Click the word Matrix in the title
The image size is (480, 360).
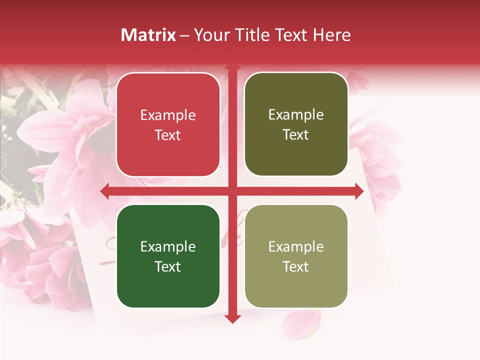pyautogui.click(x=148, y=35)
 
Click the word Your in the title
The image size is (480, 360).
pyautogui.click(x=211, y=35)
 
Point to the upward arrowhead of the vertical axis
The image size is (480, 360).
pyautogui.click(x=232, y=65)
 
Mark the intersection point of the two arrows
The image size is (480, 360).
pyautogui.click(x=232, y=191)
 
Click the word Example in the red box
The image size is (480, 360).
pyautogui.click(x=168, y=115)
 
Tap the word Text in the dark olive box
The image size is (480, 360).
pyautogui.click(x=296, y=135)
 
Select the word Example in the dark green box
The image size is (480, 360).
pyautogui.click(x=168, y=247)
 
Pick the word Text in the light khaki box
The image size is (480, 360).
pyautogui.click(x=296, y=266)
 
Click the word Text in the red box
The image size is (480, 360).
pyautogui.click(x=168, y=135)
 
